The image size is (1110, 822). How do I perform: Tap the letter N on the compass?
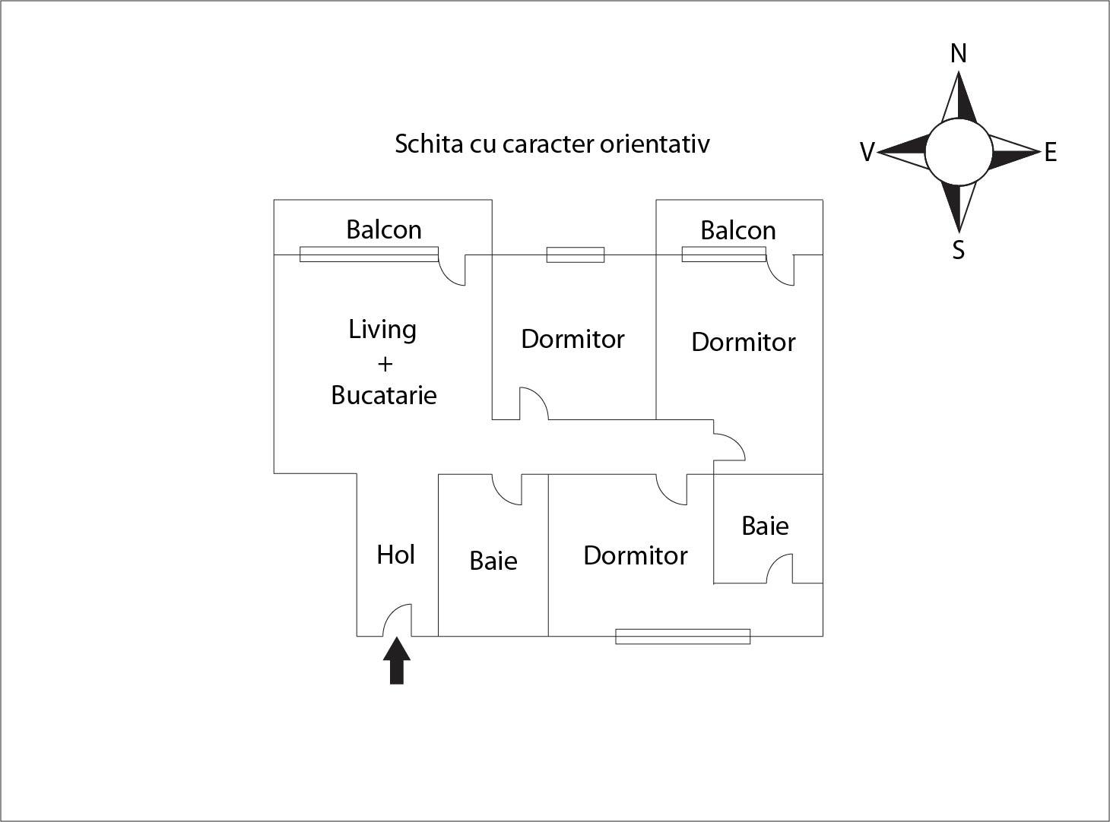tap(959, 54)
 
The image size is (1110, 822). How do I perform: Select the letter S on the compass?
tap(959, 250)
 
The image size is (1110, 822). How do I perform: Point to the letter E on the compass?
tap(1051, 153)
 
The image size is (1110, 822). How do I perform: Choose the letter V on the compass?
tap(867, 153)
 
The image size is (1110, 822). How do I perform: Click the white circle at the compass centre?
tap(959, 152)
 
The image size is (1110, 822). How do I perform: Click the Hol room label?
tap(395, 555)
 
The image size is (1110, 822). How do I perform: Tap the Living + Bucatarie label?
tap(384, 362)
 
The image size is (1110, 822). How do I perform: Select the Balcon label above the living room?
tap(384, 229)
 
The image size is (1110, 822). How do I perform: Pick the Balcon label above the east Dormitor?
tap(738, 230)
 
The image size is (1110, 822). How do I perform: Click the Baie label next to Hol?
tap(493, 561)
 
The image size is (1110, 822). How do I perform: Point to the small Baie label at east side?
tap(765, 526)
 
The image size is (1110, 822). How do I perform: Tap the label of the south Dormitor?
tap(636, 555)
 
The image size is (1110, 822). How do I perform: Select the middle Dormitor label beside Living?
tap(572, 339)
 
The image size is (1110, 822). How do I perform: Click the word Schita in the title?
tap(429, 144)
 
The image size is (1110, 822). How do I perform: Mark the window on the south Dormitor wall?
tap(683, 637)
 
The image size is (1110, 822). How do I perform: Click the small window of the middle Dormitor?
tap(576, 255)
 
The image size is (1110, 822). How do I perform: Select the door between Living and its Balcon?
tap(452, 270)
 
